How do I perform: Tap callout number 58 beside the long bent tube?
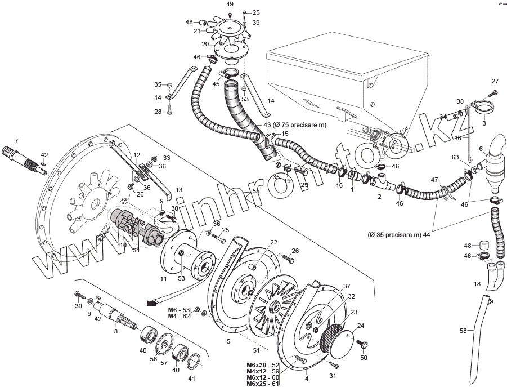pos(464,331)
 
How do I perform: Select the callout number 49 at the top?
pos(230,4)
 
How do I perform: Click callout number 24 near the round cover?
pos(361,325)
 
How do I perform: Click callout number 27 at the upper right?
pos(495,81)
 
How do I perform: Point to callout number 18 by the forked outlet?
pos(477,284)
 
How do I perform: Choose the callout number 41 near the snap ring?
pos(192,379)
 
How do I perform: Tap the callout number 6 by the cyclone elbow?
pos(481,148)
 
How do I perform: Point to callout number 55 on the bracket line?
pos(256,192)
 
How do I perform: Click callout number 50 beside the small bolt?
pos(364,358)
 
